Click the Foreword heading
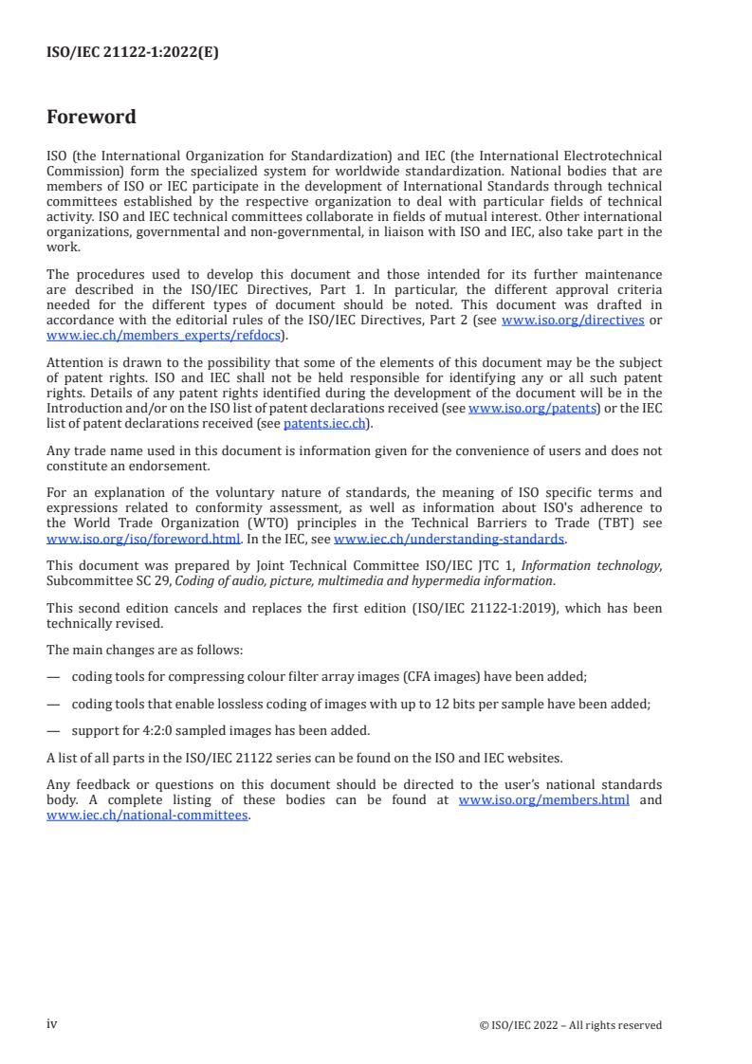[x=91, y=118]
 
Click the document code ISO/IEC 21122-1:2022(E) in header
[x=133, y=53]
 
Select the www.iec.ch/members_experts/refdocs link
[x=163, y=335]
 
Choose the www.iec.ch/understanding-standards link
[x=449, y=540]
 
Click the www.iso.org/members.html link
[x=543, y=800]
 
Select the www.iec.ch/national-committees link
[x=147, y=815]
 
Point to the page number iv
[x=52, y=1024]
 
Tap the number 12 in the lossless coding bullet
[x=474, y=704]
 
